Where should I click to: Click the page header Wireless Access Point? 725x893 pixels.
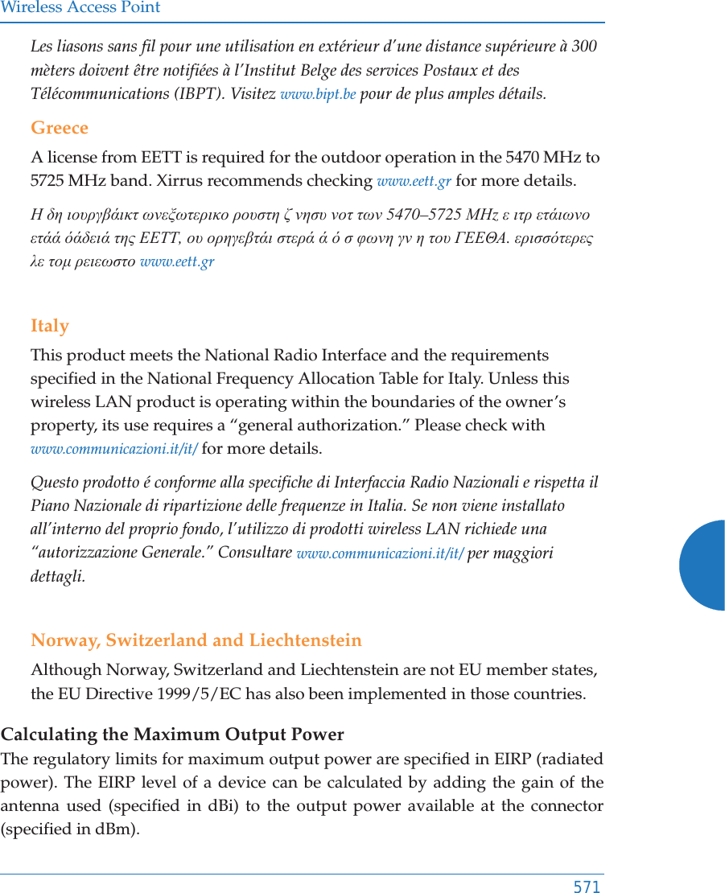(x=80, y=8)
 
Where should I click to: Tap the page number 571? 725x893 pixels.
(x=587, y=887)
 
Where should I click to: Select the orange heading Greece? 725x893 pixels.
(x=60, y=128)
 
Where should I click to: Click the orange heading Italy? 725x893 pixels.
(x=50, y=326)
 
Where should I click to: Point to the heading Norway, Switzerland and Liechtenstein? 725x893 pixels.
(x=196, y=640)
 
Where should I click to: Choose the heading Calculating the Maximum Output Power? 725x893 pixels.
(x=172, y=735)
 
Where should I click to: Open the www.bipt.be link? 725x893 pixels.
(x=318, y=94)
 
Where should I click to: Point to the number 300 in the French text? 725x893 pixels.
(x=584, y=46)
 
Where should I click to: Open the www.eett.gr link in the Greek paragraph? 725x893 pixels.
(x=177, y=262)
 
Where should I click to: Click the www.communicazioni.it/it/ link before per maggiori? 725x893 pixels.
(x=380, y=553)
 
